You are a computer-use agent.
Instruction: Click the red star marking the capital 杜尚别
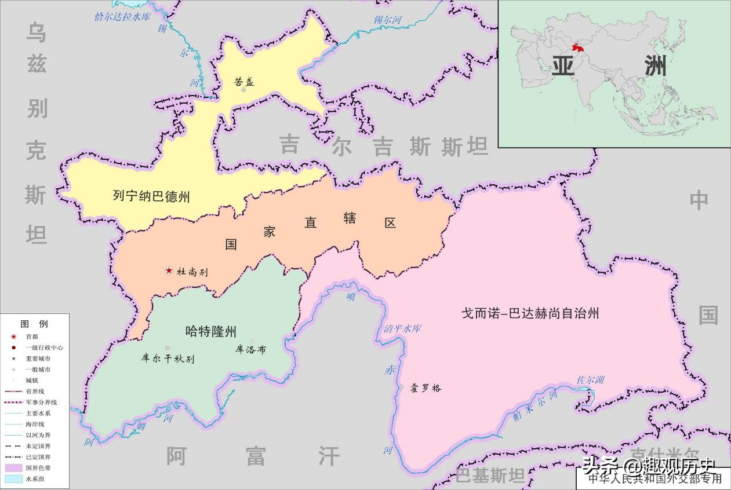(169, 270)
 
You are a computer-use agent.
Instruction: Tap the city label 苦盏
(244, 82)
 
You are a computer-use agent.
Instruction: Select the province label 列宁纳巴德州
(151, 196)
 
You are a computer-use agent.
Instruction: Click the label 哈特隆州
(211, 331)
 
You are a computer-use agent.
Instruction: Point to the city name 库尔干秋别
(168, 359)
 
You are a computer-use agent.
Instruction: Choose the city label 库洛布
(251, 350)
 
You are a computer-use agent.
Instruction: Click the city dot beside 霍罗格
(401, 387)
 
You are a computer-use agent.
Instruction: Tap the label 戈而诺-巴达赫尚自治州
(530, 313)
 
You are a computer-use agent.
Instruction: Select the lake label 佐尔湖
(590, 380)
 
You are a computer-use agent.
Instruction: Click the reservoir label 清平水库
(402, 329)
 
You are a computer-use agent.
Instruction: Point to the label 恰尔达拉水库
(122, 16)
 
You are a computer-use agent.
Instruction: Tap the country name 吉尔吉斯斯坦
(384, 146)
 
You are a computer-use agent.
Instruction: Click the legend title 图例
(34, 324)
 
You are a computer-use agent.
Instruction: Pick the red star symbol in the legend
(13, 337)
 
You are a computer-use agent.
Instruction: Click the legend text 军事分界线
(41, 403)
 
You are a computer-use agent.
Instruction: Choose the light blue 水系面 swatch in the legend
(13, 479)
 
